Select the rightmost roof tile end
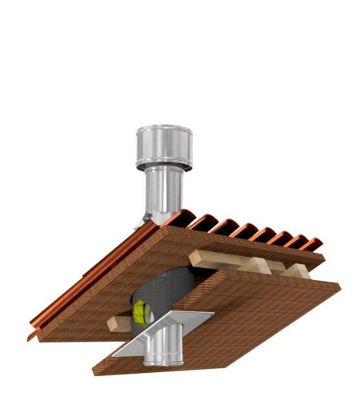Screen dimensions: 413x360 click(314, 242)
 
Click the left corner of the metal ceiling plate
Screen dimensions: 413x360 click(113, 355)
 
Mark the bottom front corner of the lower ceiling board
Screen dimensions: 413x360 click(95, 372)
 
